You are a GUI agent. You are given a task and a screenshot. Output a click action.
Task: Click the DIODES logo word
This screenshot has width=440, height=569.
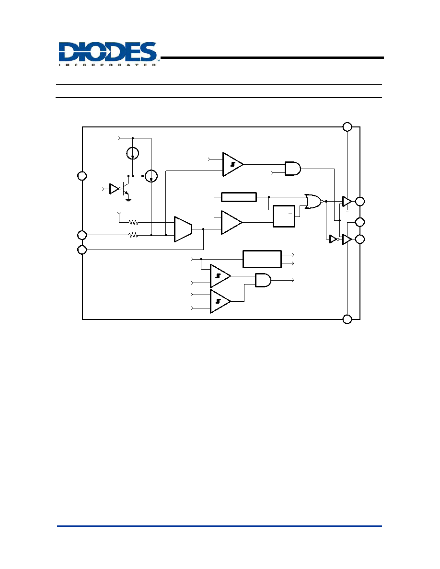[108, 52]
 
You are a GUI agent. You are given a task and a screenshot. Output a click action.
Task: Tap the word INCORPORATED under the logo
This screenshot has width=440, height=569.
[107, 65]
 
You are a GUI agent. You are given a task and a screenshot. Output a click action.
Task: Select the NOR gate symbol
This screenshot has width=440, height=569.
[313, 201]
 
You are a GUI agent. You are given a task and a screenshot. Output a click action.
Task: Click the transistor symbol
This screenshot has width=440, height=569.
[126, 187]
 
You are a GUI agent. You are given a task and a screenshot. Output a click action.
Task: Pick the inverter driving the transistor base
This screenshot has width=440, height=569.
[115, 189]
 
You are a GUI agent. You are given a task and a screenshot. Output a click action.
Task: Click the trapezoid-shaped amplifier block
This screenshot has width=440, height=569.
[183, 229]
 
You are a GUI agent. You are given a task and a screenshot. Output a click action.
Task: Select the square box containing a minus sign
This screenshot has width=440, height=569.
[284, 216]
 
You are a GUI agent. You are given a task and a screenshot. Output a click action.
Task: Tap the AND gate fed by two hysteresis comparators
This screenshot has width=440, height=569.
[263, 280]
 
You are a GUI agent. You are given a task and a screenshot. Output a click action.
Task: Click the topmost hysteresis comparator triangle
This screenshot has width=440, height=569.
[233, 164]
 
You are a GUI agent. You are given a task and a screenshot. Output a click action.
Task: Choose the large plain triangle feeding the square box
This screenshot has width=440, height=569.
[232, 222]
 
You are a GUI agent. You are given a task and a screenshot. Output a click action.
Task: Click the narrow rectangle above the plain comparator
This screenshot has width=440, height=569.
[239, 197]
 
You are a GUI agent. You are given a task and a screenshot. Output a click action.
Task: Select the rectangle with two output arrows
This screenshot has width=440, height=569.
[262, 259]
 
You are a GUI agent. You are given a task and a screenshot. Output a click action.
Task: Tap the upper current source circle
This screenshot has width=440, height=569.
[133, 153]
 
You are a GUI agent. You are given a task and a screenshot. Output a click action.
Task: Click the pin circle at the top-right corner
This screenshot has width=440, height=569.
[347, 126]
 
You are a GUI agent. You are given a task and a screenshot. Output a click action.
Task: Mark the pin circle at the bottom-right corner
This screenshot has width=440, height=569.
[347, 319]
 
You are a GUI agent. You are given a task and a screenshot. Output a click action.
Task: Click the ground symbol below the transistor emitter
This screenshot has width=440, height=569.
[128, 200]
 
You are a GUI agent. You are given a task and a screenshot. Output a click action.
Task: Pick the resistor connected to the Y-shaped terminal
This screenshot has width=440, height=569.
[133, 222]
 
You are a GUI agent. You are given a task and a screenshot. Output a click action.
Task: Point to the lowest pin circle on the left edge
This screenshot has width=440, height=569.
[82, 250]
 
